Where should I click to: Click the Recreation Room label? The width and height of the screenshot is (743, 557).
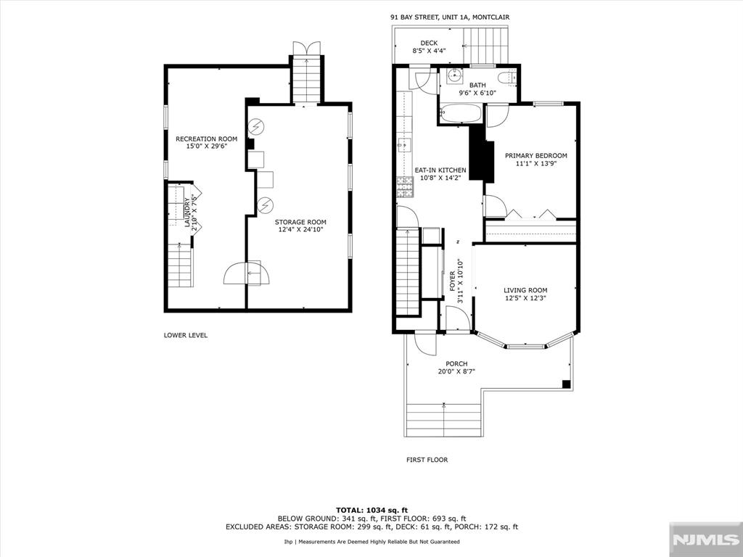pyautogui.click(x=206, y=139)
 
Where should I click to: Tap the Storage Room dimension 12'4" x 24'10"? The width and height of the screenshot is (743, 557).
pyautogui.click(x=300, y=230)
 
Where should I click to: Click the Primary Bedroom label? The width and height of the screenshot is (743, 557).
pyautogui.click(x=535, y=155)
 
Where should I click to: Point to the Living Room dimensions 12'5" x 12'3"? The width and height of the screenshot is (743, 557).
pyautogui.click(x=525, y=298)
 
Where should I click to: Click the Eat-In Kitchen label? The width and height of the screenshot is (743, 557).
pyautogui.click(x=440, y=170)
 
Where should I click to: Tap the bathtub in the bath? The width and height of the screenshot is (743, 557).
pyautogui.click(x=461, y=115)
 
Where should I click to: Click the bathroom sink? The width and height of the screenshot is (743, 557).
pyautogui.click(x=457, y=75)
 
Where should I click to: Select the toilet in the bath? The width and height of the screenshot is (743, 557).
pyautogui.click(x=507, y=76)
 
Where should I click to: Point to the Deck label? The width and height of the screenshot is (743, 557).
pyautogui.click(x=428, y=43)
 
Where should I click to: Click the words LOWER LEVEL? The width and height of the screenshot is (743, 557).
pyautogui.click(x=186, y=335)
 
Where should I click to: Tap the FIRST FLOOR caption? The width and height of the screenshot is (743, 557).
pyautogui.click(x=427, y=460)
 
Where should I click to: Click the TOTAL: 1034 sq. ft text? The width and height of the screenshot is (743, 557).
pyautogui.click(x=371, y=509)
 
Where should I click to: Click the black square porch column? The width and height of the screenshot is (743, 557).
pyautogui.click(x=567, y=384)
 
